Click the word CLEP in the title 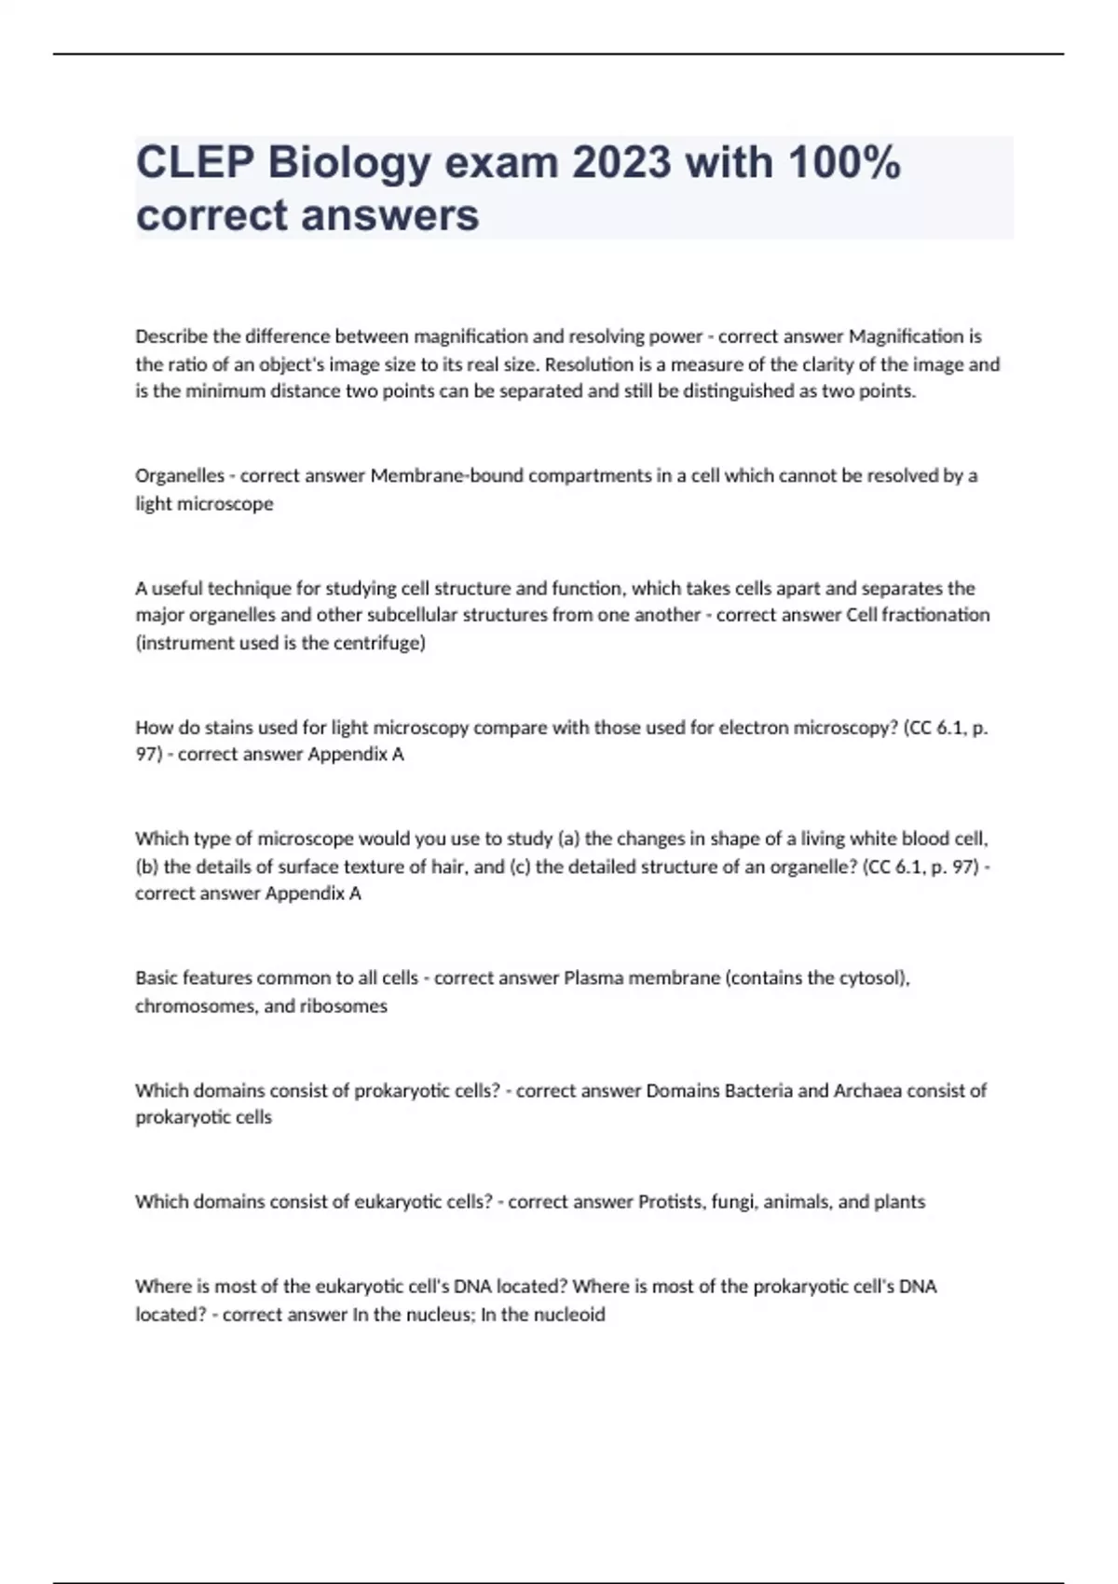(x=195, y=163)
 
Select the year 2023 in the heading (x=620, y=163)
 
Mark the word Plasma (x=593, y=978)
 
